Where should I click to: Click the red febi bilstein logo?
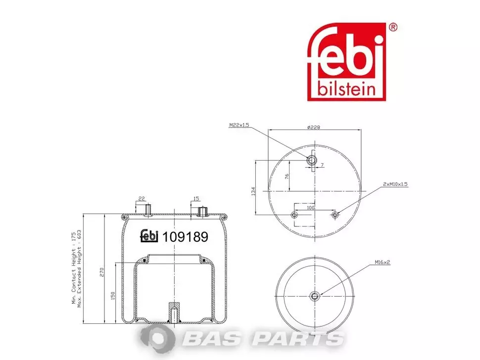click(346, 61)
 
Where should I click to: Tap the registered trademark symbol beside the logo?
click(393, 28)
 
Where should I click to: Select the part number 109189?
click(185, 237)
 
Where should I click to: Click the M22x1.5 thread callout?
click(240, 125)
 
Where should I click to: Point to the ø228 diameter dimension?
click(313, 127)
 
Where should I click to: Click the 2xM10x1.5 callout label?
click(395, 184)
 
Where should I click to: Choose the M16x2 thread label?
click(383, 262)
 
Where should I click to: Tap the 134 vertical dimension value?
click(253, 191)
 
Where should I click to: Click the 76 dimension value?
click(287, 177)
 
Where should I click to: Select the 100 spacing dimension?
click(310, 208)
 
